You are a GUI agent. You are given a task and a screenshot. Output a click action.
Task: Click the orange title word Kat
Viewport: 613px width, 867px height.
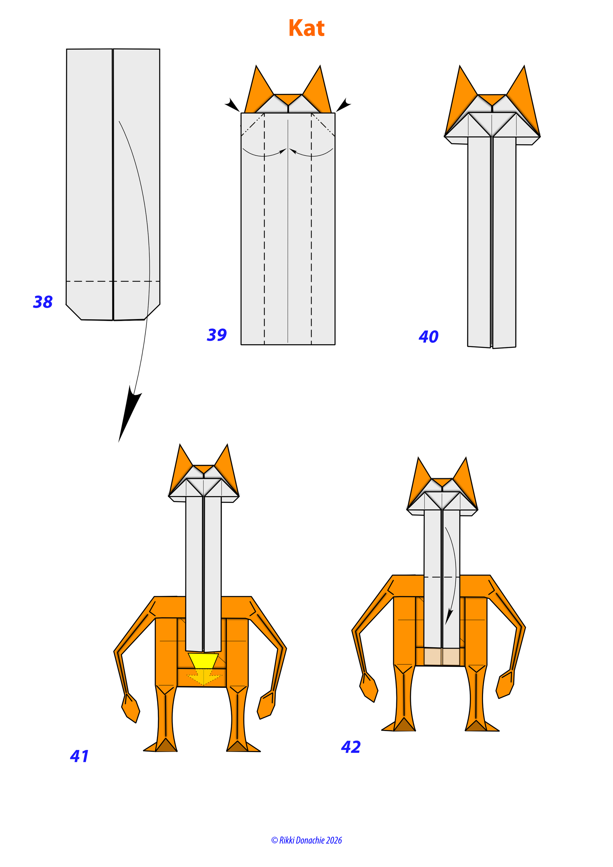pos(306,28)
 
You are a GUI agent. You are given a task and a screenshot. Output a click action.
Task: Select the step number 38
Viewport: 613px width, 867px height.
pos(43,302)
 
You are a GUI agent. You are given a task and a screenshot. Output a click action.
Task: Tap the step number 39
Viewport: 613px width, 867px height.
pos(217,335)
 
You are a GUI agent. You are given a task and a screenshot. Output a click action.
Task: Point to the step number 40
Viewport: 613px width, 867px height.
pos(428,337)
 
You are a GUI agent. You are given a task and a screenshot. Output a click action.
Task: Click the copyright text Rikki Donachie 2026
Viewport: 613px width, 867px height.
pos(306,840)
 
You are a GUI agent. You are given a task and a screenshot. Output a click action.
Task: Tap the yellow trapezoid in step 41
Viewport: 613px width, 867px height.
pos(203,660)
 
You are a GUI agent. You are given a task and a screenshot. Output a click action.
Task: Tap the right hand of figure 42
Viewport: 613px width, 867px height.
pos(505,684)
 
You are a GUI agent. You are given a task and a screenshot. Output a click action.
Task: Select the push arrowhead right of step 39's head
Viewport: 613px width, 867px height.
pos(344,105)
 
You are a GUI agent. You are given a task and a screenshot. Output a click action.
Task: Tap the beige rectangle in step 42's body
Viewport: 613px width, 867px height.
pos(442,657)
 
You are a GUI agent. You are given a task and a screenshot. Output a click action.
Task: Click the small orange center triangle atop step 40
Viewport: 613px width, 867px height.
pos(491,99)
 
